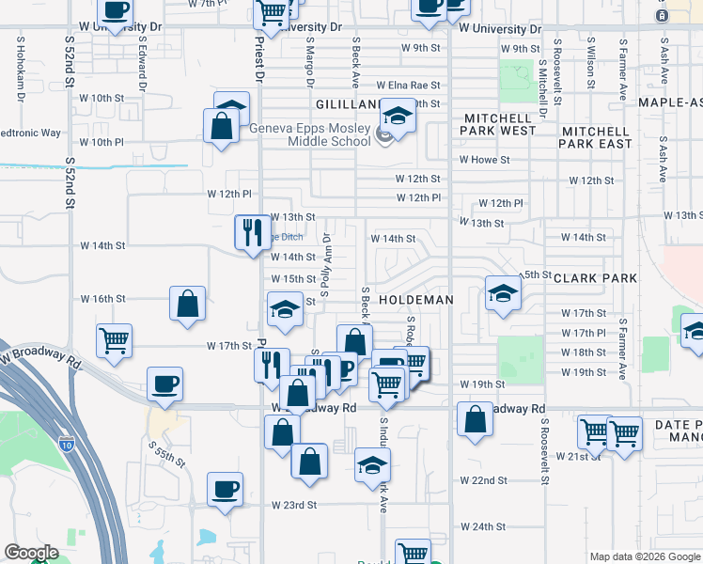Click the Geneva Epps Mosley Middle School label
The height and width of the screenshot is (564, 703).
309,135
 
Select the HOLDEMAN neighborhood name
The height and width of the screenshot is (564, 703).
416,299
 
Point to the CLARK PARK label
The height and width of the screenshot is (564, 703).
595,278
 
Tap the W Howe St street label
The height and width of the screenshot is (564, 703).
484,160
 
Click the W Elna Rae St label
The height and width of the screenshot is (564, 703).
409,85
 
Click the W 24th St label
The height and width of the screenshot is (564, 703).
483,526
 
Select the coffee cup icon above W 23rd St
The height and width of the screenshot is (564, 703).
226,489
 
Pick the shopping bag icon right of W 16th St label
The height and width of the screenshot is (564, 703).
187,303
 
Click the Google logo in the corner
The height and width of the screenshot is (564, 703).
31,554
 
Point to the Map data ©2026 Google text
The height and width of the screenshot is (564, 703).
644,556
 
